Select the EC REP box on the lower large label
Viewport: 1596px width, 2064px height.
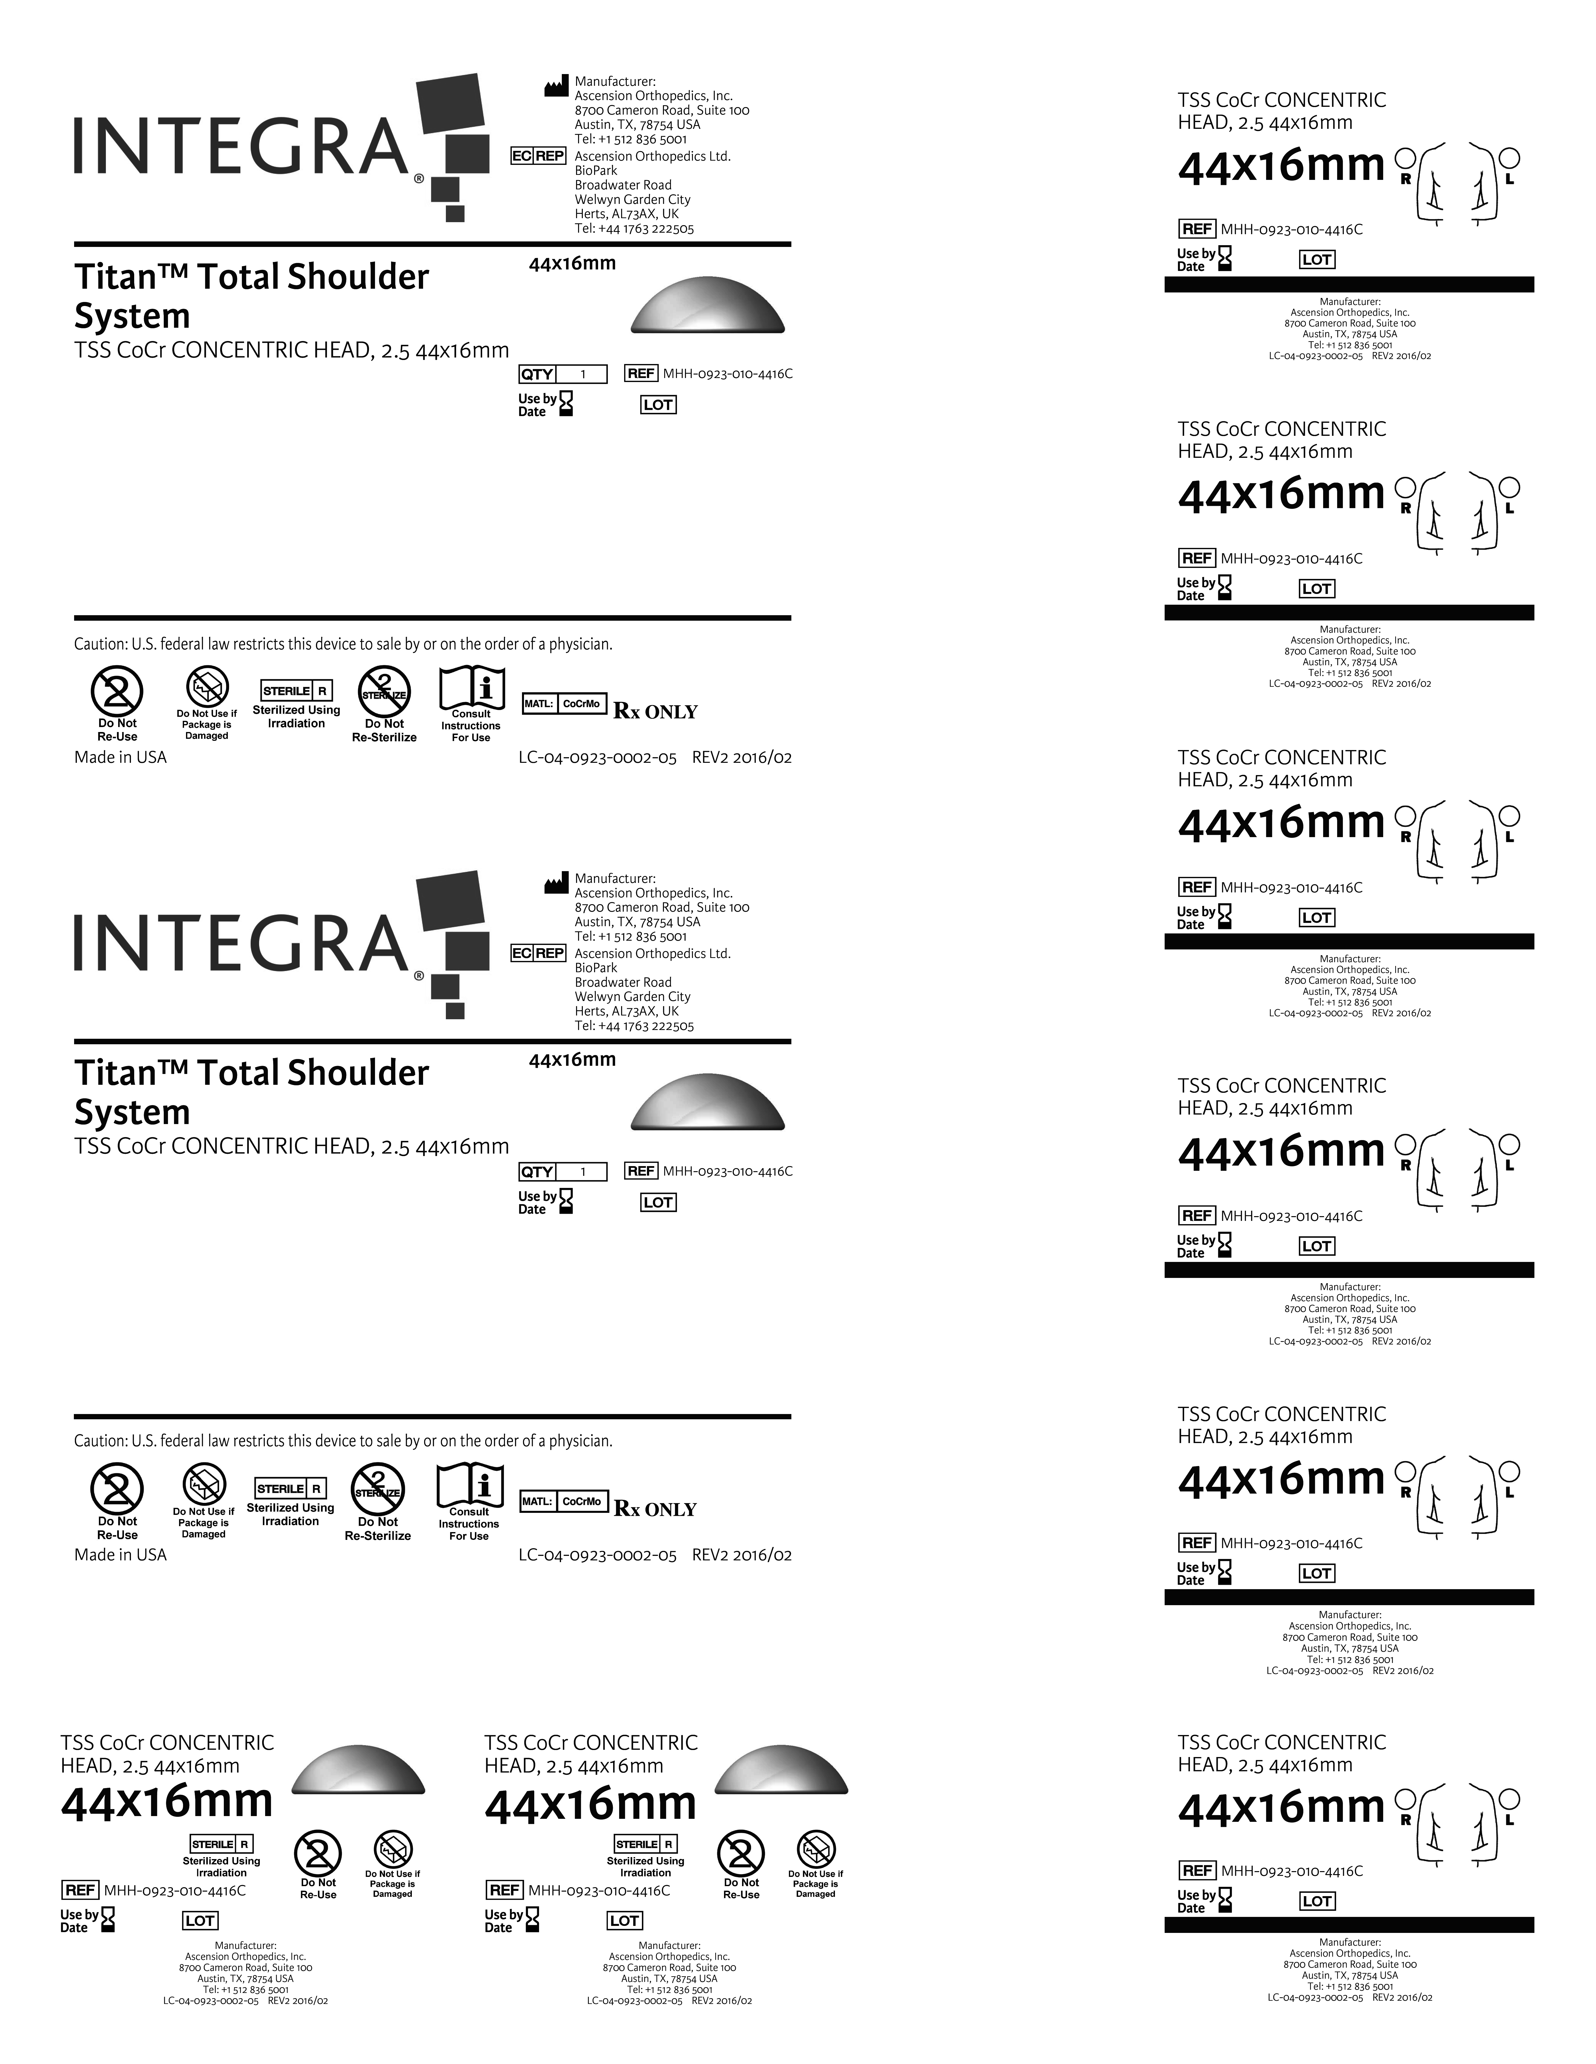click(x=537, y=953)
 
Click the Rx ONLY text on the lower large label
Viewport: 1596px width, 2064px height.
click(x=655, y=1509)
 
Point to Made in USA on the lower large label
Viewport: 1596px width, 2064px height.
click(x=120, y=1555)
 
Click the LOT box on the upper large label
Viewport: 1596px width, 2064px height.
click(x=658, y=406)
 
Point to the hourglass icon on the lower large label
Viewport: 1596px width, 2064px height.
click(x=566, y=1201)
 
